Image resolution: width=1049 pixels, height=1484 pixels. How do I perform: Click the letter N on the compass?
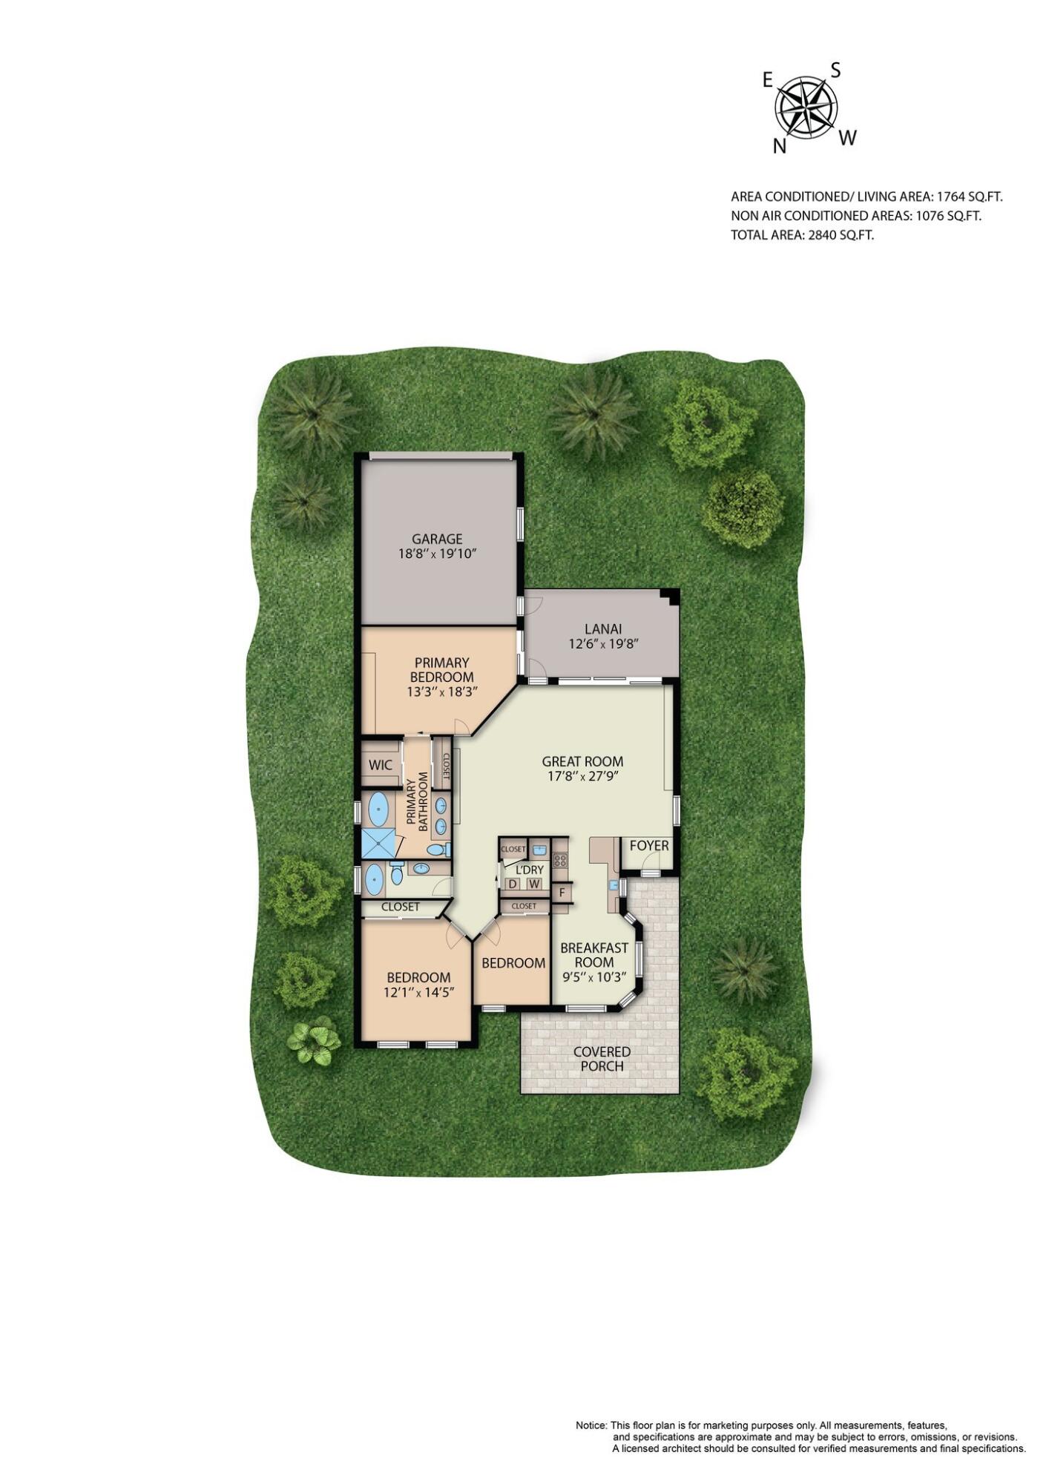[779, 146]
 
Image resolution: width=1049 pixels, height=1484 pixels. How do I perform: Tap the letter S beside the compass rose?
[835, 70]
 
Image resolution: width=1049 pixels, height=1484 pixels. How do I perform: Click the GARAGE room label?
[437, 539]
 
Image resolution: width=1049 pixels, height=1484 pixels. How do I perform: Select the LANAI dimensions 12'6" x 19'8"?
[603, 644]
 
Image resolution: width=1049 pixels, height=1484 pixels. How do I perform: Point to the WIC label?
[381, 765]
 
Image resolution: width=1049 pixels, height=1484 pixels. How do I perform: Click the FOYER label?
[648, 846]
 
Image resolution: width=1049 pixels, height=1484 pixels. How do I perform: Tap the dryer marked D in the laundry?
[512, 884]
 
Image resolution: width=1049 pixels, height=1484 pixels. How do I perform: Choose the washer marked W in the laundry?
[534, 884]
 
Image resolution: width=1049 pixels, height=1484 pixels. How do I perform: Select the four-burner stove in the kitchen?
[560, 861]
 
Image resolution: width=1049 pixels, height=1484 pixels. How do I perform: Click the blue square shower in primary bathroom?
[378, 844]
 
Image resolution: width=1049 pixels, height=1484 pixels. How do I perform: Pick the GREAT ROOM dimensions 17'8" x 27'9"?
[582, 776]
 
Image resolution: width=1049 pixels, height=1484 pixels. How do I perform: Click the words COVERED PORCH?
[602, 1059]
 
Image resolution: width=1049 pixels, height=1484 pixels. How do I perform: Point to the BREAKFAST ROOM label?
[593, 955]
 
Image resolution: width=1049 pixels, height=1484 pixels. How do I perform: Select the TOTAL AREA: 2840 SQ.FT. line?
[803, 235]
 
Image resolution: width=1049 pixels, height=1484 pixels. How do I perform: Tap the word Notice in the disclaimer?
[591, 1426]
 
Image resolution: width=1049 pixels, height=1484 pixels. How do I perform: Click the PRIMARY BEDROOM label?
[441, 669]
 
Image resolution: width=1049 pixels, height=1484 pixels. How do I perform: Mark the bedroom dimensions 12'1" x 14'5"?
[418, 992]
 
